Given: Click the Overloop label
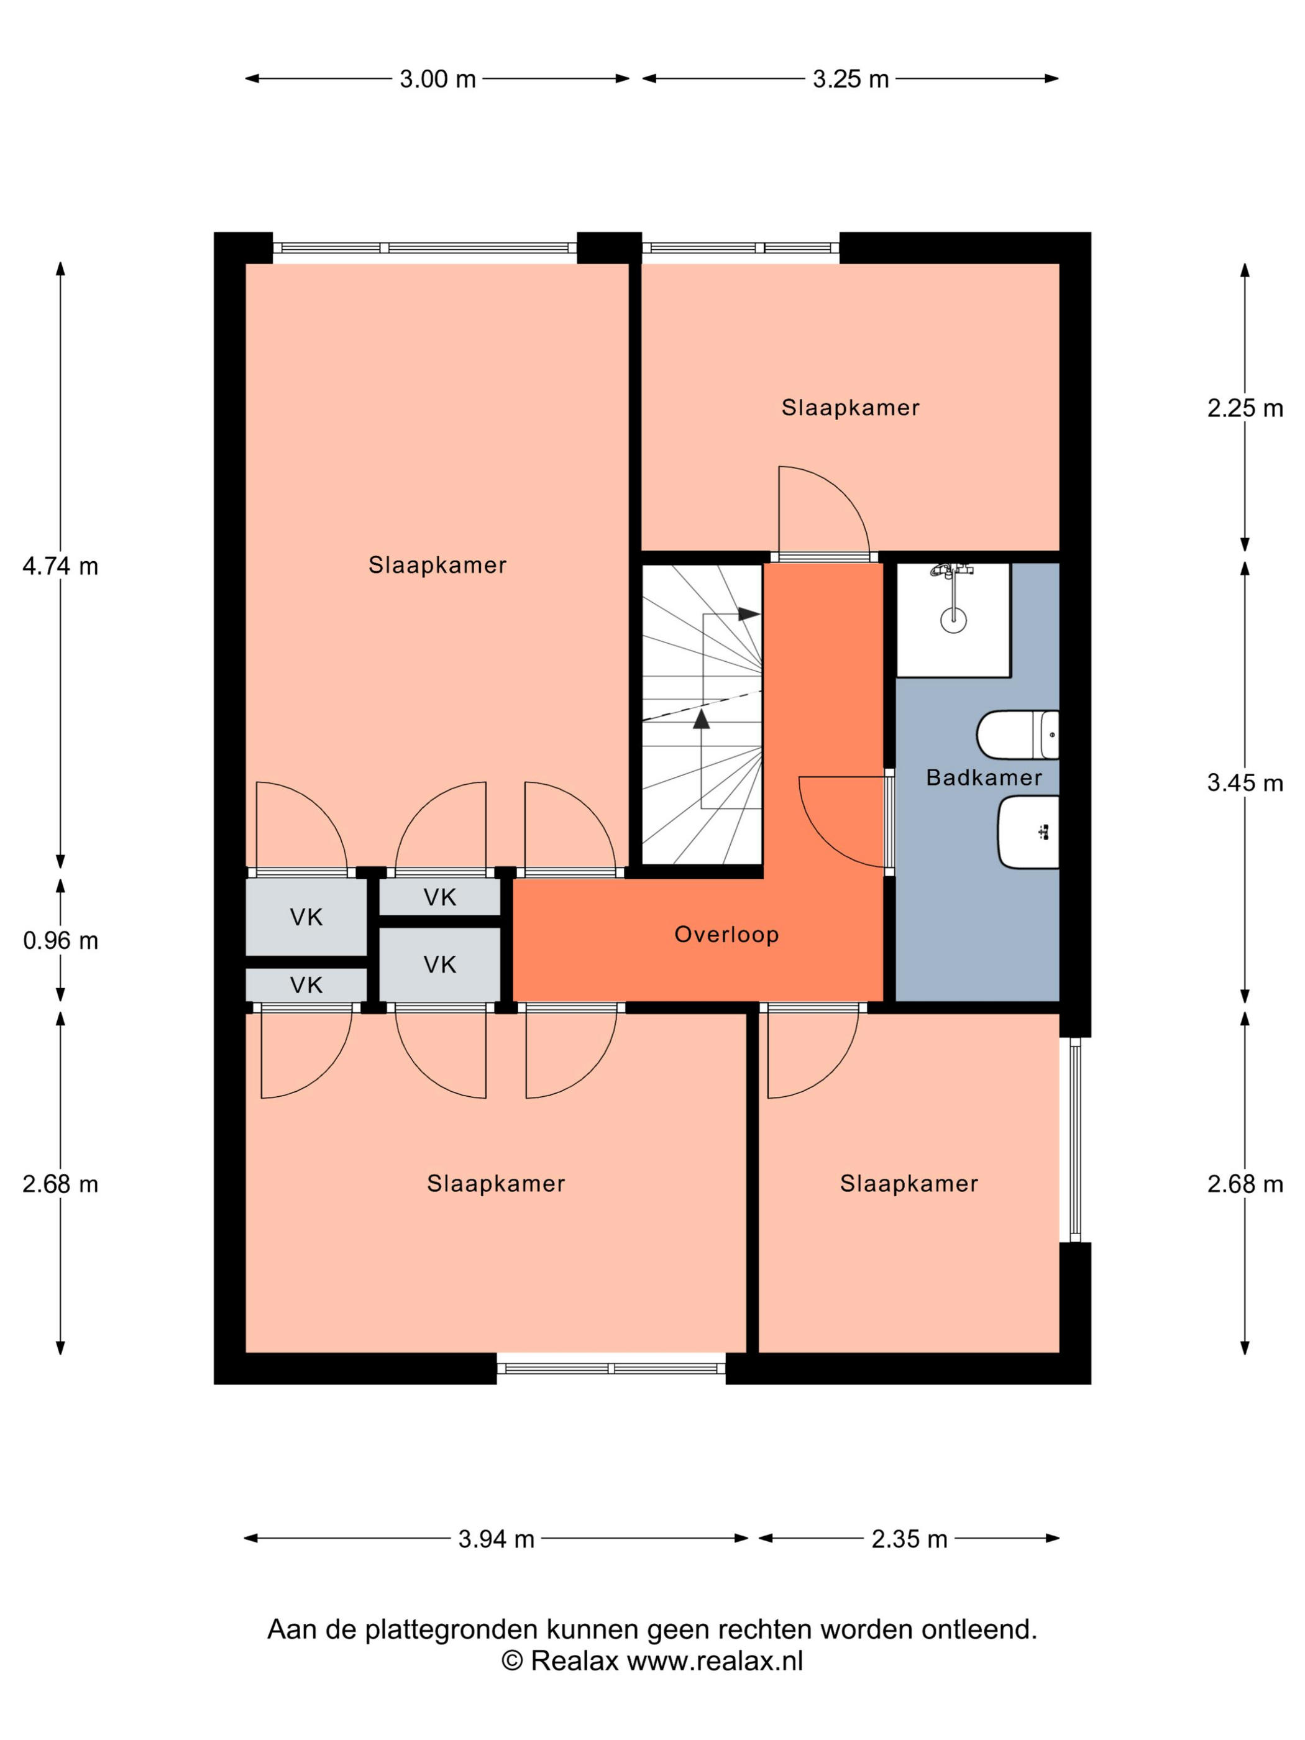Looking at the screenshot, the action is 726,934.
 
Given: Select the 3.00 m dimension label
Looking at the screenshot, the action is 437,79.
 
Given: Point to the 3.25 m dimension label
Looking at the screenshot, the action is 850,79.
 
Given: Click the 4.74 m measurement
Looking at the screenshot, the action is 60,565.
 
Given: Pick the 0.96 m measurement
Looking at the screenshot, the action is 60,940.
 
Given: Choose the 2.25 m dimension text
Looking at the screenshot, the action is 1245,408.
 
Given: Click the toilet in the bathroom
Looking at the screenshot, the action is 1017,735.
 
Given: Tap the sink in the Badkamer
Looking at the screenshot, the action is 1028,832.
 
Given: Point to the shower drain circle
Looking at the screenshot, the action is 953,619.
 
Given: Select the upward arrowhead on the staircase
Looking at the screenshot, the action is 701,718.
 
